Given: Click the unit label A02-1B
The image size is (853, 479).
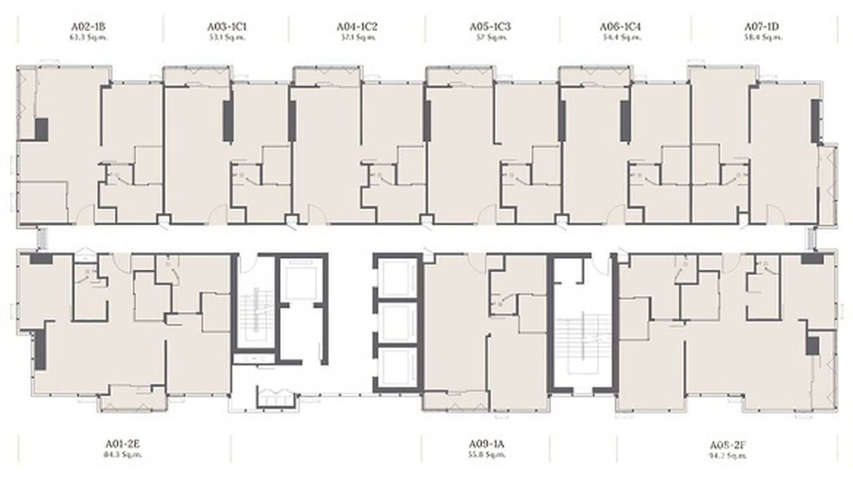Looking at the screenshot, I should (88, 27).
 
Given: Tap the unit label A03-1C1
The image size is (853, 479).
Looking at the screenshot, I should (226, 27).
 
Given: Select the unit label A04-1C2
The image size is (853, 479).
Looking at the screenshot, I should (357, 27).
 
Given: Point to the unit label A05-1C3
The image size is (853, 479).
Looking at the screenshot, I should (490, 27).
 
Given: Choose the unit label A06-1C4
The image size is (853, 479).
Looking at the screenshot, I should (621, 27).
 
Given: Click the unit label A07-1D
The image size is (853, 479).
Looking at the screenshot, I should (761, 27).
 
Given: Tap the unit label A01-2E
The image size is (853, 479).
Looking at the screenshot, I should (124, 445).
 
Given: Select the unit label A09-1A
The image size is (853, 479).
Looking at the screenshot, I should (487, 445).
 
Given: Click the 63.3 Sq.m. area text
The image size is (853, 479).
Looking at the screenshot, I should (88, 37).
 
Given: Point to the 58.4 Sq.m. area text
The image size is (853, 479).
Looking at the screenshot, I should (761, 37).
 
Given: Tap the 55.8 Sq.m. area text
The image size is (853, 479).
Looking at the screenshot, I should (487, 455).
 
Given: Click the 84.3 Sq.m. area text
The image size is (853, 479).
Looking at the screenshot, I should (124, 455).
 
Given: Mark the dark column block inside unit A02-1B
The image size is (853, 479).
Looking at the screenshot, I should (41, 130).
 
